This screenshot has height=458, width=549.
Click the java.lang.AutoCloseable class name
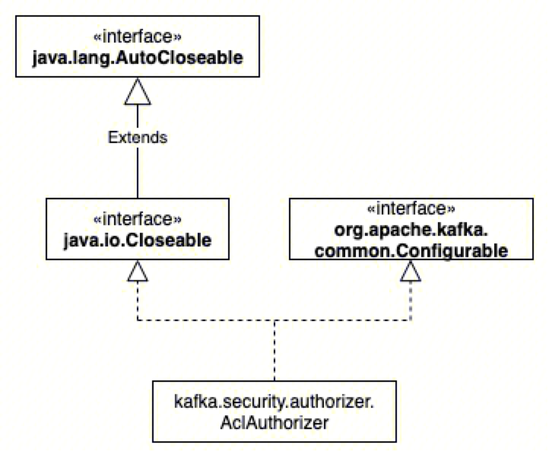138,58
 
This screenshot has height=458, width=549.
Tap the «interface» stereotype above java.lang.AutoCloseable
138,36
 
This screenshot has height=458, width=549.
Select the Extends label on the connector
138,137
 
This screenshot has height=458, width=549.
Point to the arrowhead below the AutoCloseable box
138,91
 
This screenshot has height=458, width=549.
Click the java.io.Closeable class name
138,240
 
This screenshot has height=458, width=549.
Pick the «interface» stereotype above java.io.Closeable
138,219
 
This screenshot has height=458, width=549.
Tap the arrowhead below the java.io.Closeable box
138,271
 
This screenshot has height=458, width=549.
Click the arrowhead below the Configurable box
411,271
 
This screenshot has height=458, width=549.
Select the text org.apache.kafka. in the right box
411,230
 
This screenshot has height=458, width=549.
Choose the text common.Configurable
411,251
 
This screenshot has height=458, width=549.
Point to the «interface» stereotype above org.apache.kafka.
411,209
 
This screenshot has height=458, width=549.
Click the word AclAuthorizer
274,423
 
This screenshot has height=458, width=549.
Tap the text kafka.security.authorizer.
274,402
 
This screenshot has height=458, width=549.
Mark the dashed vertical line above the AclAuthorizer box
274,351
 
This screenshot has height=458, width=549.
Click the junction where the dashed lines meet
274,320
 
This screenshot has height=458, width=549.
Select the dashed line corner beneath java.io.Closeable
138,320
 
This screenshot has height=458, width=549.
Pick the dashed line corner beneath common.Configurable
411,320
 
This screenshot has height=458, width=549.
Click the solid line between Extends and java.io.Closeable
138,173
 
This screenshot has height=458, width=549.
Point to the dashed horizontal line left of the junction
206,320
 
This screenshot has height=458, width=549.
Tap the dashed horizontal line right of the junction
342,320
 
